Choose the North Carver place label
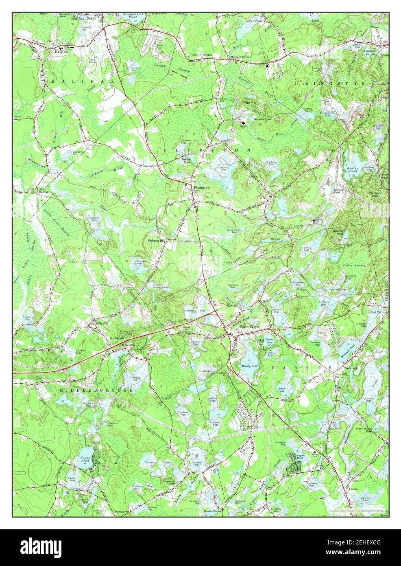click(249, 327)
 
